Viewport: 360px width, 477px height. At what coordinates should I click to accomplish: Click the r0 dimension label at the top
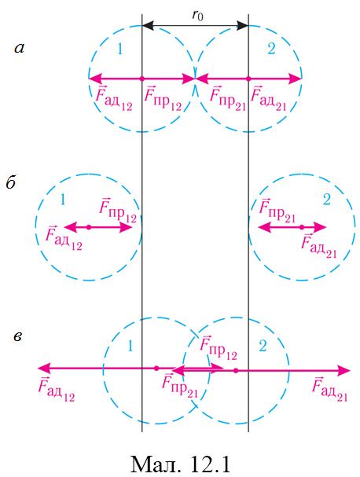(x=197, y=15)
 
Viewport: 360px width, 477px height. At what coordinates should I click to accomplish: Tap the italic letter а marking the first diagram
(x=20, y=48)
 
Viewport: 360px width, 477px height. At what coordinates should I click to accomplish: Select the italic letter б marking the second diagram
(x=11, y=182)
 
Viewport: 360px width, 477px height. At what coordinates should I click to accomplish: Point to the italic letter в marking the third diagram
(x=18, y=337)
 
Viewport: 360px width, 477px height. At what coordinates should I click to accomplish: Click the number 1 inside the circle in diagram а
(x=120, y=49)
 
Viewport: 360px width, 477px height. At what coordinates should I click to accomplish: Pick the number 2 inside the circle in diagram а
(x=271, y=49)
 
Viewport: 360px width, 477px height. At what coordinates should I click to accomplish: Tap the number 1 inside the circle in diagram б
(x=63, y=200)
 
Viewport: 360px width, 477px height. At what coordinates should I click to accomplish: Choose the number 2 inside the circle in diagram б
(x=326, y=200)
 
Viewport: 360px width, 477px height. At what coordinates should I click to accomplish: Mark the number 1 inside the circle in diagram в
(x=130, y=346)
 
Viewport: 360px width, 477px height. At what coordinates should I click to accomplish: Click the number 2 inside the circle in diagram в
(x=263, y=346)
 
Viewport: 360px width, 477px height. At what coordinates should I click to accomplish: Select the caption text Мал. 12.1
(x=180, y=464)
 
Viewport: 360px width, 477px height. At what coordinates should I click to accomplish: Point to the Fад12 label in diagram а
(x=114, y=98)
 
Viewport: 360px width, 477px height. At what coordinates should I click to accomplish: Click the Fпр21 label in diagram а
(x=228, y=98)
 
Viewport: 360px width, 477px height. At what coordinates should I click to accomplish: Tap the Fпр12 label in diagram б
(x=118, y=210)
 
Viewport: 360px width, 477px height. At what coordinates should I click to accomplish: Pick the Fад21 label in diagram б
(x=319, y=246)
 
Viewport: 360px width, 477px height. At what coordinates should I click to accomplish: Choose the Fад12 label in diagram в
(x=57, y=389)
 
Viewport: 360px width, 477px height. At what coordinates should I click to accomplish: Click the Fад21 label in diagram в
(x=330, y=389)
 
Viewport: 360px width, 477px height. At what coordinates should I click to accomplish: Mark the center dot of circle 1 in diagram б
(x=89, y=227)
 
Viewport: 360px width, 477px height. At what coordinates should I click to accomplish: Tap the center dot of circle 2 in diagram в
(x=236, y=370)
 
